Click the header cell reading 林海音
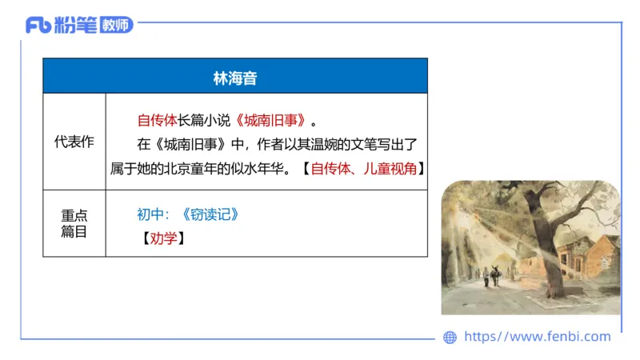pos(234,78)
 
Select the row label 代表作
pos(74,142)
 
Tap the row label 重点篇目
pos(74,223)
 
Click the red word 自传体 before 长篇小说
pos(157,121)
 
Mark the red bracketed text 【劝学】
pos(163,238)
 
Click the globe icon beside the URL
pos(450,338)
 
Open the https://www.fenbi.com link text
pos(537,337)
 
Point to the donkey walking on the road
pos(495,277)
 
